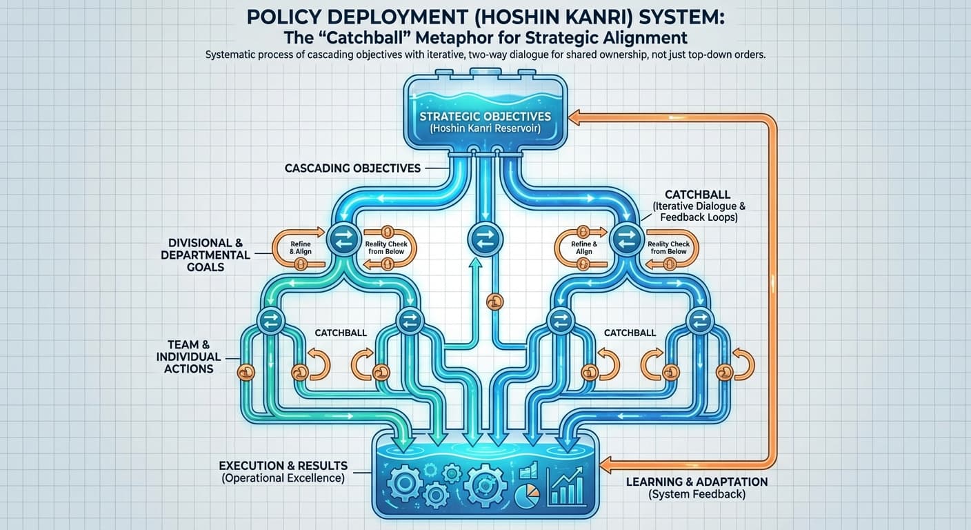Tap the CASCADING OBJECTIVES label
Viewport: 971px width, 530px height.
[352, 168]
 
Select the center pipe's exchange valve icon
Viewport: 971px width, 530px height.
[481, 239]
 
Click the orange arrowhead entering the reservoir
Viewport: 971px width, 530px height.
[576, 119]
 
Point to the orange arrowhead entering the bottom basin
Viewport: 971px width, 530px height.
[606, 462]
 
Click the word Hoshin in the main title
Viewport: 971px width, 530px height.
[572, 16]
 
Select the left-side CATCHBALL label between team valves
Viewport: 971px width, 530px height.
[341, 333]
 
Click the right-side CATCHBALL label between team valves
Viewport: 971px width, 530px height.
[630, 333]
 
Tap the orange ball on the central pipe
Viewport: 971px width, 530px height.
[494, 301]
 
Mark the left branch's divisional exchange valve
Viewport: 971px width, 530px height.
[340, 239]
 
